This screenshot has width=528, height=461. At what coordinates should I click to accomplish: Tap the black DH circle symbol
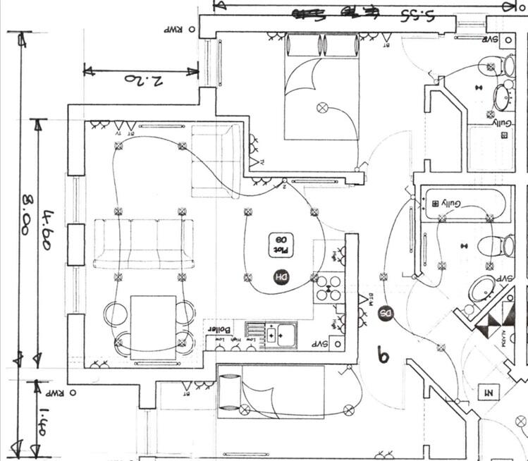(x=281, y=277)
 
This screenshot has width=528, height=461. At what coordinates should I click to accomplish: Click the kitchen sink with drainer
(x=271, y=333)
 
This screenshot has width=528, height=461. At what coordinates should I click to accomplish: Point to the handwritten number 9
(x=383, y=356)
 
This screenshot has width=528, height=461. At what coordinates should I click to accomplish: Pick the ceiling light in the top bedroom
(x=323, y=108)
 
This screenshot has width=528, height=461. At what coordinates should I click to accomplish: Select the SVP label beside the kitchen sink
(x=321, y=344)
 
